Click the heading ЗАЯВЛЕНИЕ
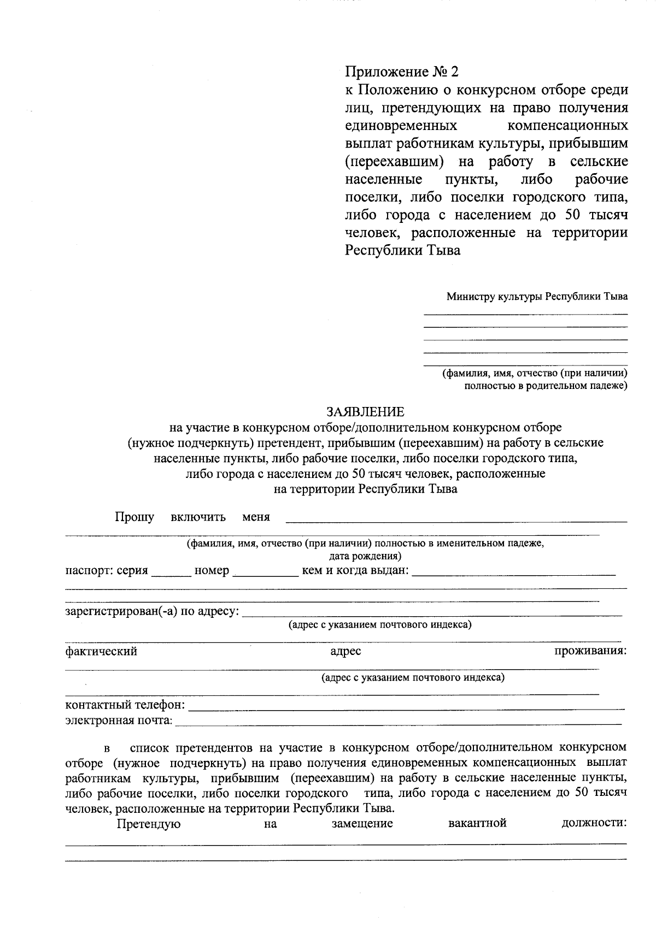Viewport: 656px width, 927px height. pos(365,412)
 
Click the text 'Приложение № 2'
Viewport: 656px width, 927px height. pos(402,72)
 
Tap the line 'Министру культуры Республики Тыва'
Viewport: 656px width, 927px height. pos(536,297)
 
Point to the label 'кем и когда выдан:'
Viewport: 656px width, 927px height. pos(355,571)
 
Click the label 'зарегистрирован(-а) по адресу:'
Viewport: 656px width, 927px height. pos(152,611)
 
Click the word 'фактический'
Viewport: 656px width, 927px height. pos(101,652)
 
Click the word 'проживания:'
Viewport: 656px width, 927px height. pos(590,651)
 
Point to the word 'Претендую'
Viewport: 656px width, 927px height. pos(149,824)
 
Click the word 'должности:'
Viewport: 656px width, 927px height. pos(594,823)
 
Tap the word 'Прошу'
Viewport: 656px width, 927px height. pos(134,517)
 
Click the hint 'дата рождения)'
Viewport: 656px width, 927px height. pos(365,557)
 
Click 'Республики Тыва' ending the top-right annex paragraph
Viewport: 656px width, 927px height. pos(402,251)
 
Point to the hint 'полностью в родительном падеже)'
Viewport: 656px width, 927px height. pos(545,386)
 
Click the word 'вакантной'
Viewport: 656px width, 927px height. pos(477,823)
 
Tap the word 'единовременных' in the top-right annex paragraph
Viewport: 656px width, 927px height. pos(401,126)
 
